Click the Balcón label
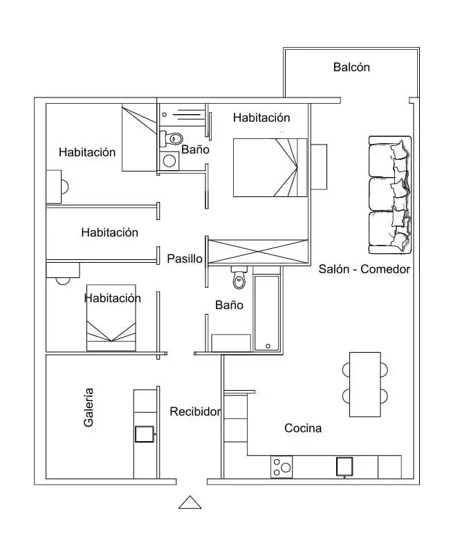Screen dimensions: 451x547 coord(351,67)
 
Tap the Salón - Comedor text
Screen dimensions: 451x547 coord(364,269)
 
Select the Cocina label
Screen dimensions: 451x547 coord(303,428)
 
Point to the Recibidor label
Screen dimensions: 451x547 coord(195,411)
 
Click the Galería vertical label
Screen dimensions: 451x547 coord(89,407)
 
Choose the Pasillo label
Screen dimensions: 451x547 coord(185,259)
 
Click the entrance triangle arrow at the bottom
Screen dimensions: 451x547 coord(190,502)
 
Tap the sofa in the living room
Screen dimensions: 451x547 coord(390,194)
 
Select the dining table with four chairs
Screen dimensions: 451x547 coord(365,384)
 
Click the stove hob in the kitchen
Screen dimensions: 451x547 coord(282,467)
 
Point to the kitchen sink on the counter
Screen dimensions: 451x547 coord(344,467)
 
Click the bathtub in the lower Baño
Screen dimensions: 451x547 coord(267,313)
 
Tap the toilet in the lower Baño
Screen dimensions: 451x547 coord(239,278)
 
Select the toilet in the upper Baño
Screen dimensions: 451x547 coord(172,138)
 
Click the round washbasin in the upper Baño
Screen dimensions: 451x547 coord(169,161)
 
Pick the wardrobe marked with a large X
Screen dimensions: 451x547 coord(258,252)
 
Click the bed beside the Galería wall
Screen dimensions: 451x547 coord(111,317)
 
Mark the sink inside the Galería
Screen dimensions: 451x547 coord(145,434)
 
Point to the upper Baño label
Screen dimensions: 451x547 coord(195,149)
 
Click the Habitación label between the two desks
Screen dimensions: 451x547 coord(109,232)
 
